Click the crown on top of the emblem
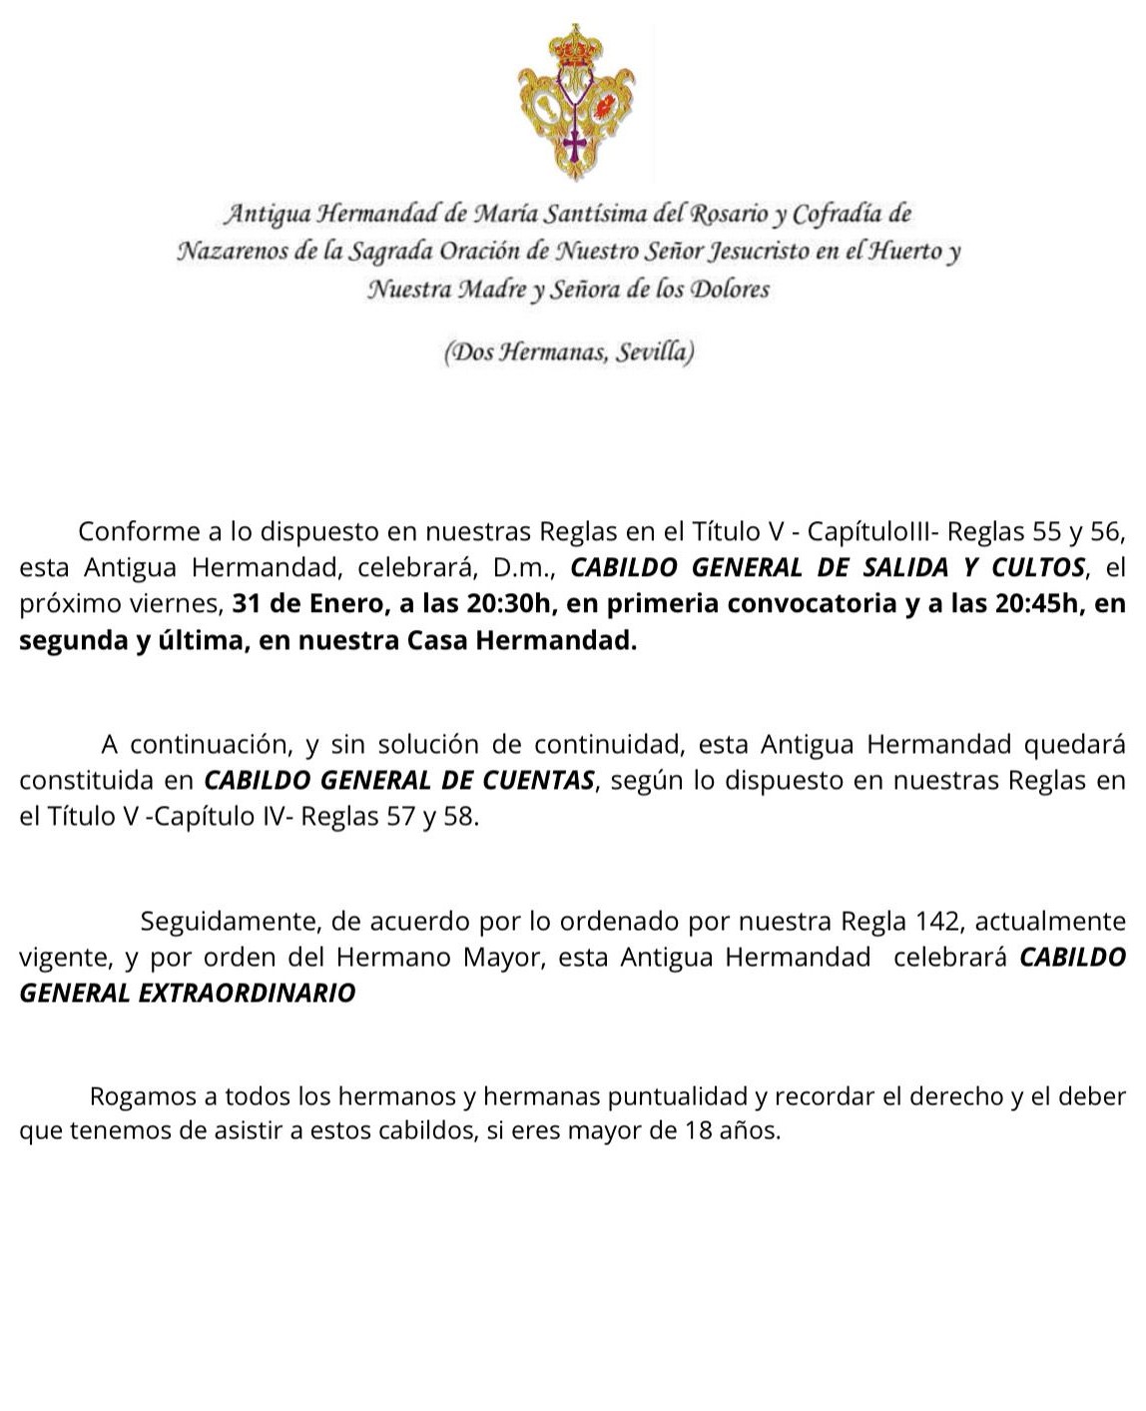575,46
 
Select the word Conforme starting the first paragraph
137,530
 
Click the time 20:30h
505,604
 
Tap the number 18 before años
697,1131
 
